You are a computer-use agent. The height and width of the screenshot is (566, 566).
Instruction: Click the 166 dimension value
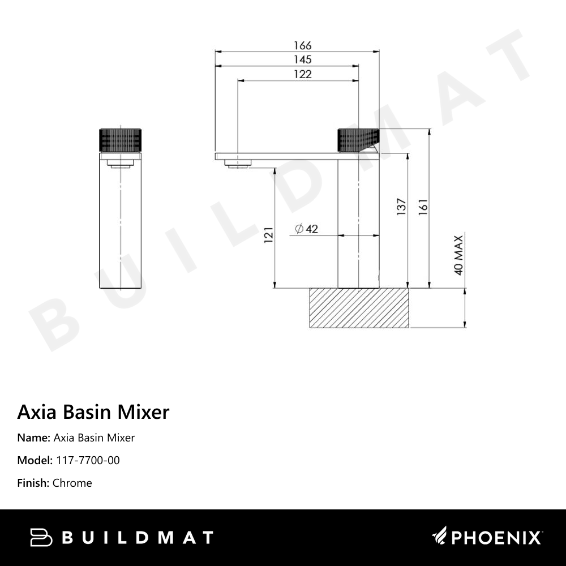click(302, 45)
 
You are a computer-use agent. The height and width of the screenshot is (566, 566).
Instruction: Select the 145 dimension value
click(302, 59)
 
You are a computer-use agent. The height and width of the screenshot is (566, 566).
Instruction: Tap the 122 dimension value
click(302, 74)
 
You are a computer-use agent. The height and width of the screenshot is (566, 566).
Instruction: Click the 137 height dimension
click(401, 207)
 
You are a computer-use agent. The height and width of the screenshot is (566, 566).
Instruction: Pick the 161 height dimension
click(423, 207)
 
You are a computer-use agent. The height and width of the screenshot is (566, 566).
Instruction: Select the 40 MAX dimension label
click(458, 254)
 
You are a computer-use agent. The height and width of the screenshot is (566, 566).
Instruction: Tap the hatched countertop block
click(358, 308)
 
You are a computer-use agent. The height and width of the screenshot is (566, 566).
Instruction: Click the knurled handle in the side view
click(358, 140)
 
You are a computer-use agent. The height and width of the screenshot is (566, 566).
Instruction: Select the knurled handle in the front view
click(121, 140)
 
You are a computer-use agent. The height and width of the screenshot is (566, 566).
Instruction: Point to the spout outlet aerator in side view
click(237, 164)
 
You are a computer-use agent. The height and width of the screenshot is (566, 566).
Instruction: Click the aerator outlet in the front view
click(120, 165)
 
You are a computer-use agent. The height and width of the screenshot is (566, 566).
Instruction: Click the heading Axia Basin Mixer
click(93, 411)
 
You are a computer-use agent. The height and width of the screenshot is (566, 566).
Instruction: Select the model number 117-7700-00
click(88, 460)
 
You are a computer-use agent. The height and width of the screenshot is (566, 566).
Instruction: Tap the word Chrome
click(72, 483)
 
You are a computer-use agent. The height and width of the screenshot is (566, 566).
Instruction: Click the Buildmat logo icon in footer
click(41, 537)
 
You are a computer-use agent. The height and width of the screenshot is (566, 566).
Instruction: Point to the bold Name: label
click(33, 438)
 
